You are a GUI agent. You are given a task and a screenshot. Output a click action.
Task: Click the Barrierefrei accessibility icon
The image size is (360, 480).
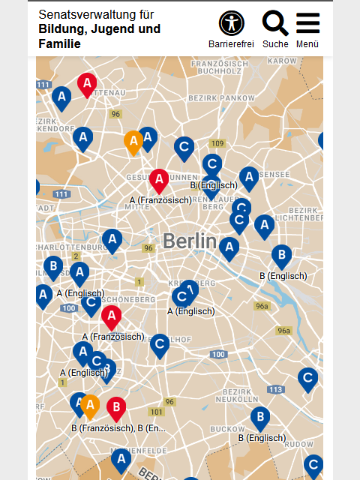coord(231,24)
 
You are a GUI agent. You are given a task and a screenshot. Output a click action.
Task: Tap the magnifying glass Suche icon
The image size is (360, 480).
coord(275,24)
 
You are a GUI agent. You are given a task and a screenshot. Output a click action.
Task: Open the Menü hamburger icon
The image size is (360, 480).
coord(307,24)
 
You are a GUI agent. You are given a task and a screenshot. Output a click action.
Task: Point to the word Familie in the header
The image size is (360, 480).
coord(60,44)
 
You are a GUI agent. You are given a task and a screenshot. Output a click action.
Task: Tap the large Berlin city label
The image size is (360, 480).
coord(189,241)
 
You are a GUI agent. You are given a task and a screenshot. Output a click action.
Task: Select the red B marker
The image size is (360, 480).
coord(115,409)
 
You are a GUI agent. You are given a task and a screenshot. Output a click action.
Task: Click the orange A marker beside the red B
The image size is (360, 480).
coord(90,406)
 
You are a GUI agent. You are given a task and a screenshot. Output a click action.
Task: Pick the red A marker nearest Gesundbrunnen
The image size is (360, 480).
coord(158,180)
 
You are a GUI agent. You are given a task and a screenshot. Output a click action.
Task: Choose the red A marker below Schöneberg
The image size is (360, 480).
coord(112,317)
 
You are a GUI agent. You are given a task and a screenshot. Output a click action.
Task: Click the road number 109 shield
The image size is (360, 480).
coord(217,143)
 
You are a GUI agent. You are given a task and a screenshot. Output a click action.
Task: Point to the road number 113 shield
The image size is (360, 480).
coord(275,389)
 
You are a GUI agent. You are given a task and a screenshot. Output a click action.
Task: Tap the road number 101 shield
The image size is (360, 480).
coord(156,412)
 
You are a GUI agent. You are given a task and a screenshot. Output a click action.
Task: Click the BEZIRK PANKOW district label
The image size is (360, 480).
coord(211,98)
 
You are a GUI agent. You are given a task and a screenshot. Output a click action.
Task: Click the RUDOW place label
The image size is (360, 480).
coord(299,443)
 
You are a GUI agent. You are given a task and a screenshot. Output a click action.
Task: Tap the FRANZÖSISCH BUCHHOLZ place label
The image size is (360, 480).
coord(219,67)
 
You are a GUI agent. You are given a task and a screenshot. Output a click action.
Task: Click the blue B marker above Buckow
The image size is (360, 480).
coord(259,418)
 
